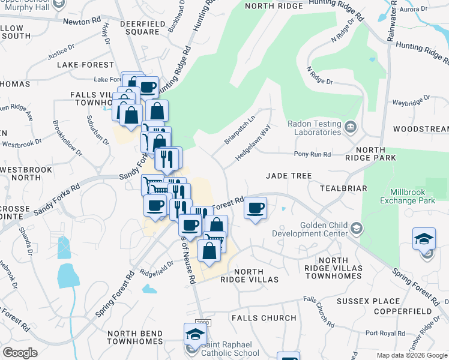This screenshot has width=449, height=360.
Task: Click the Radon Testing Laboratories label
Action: tap(314, 128)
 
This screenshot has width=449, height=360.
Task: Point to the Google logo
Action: tap(20, 353)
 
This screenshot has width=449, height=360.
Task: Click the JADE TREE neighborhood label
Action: tap(289, 176)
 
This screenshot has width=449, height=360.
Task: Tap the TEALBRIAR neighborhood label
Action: tap(343, 188)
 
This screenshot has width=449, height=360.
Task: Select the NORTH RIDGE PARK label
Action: tap(376, 153)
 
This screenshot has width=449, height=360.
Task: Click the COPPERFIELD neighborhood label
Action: tap(402, 312)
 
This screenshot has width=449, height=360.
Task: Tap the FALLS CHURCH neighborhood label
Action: tap(264, 318)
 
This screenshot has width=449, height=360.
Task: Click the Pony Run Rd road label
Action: tap(312, 154)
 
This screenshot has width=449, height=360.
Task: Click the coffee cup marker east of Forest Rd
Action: tap(256, 208)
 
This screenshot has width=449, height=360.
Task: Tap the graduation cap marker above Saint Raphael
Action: tap(195, 333)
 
